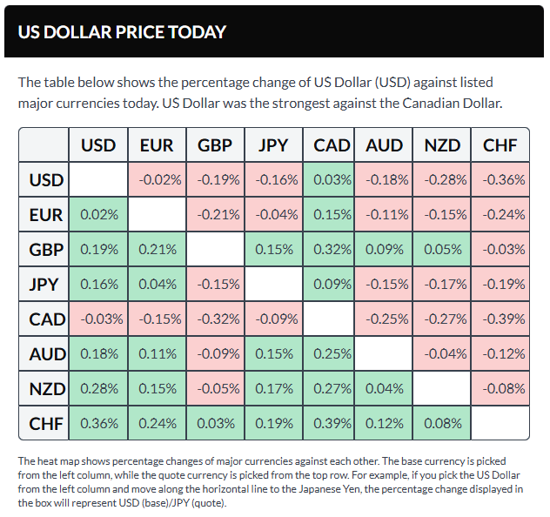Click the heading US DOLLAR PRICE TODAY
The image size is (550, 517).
(122, 32)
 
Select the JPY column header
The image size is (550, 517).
(273, 145)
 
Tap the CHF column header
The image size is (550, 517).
(500, 145)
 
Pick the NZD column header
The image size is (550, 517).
(442, 145)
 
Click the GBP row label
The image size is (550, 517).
(45, 250)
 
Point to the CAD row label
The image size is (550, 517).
(45, 319)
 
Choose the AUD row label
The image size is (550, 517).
(45, 354)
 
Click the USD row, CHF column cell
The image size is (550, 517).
(500, 180)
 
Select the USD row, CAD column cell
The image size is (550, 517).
(332, 180)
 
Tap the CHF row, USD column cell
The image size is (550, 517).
(98, 424)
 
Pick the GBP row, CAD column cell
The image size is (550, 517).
(332, 250)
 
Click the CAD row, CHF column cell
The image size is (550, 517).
(500, 319)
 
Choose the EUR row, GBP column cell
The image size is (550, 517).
(215, 215)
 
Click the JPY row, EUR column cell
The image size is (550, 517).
(157, 285)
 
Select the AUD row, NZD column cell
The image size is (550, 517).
(442, 354)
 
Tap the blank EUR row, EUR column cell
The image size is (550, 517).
(157, 215)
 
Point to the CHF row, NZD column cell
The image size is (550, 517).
(442, 424)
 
